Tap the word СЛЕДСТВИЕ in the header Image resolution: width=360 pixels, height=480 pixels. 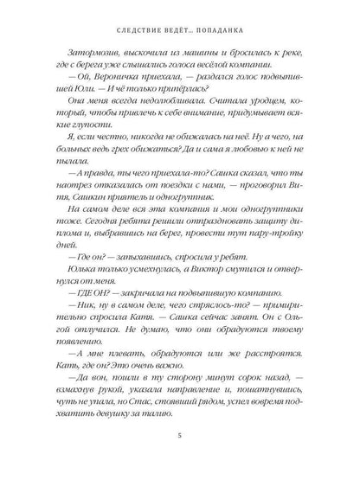point(121,29)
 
